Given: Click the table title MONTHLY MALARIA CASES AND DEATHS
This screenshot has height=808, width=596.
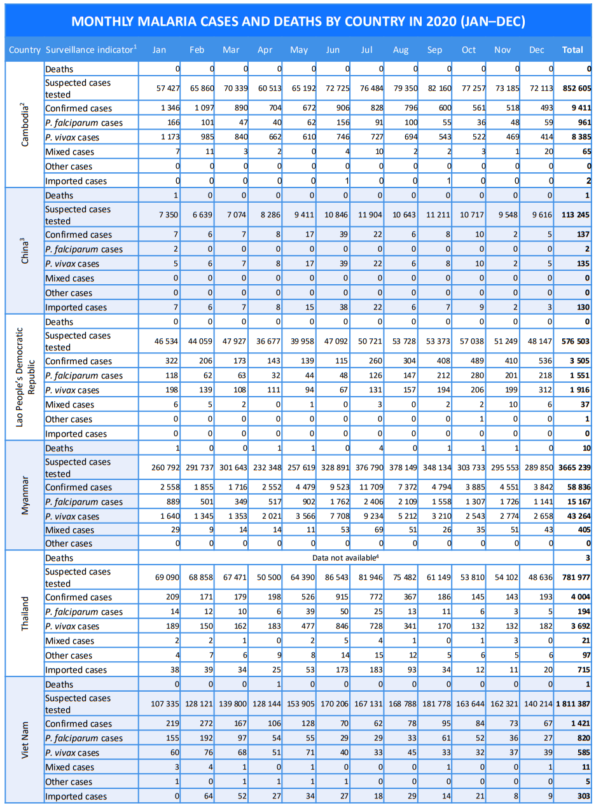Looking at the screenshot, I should (x=298, y=22).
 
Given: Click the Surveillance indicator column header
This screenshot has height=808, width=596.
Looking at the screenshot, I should (x=91, y=50).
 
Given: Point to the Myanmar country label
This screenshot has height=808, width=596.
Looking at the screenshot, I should (x=25, y=495).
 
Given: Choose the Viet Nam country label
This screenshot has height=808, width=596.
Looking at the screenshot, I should (x=25, y=740).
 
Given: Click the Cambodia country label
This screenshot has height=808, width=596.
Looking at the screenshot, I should (x=25, y=125).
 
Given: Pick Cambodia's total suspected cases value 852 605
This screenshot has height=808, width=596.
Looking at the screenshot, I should (x=576, y=88).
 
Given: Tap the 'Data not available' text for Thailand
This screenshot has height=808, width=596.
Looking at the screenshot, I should (x=346, y=557).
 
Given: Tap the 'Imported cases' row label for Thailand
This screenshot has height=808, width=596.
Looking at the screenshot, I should (x=76, y=669).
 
